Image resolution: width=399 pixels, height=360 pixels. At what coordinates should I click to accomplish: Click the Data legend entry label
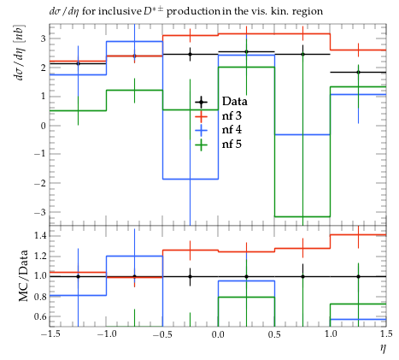tap(234, 101)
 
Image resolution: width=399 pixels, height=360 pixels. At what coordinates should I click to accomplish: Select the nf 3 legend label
tap(232, 115)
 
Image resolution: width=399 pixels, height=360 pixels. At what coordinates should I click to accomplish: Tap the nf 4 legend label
tap(232, 130)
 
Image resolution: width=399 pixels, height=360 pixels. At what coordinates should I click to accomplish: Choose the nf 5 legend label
tap(232, 144)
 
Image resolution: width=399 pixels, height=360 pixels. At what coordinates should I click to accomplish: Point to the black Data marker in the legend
tap(201, 102)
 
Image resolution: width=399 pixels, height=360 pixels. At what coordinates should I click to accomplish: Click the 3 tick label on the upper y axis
tap(43, 38)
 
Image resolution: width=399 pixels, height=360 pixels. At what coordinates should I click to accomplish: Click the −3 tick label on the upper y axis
tap(40, 212)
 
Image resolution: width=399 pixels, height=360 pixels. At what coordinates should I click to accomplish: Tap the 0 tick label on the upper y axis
tap(43, 126)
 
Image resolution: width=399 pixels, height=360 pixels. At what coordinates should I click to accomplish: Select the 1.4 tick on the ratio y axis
tap(40, 236)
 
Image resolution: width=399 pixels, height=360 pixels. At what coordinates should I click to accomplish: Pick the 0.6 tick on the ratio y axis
tap(40, 316)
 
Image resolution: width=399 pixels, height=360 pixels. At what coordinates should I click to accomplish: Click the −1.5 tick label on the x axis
tap(50, 334)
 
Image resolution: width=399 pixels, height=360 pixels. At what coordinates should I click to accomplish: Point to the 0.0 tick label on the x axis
tap(218, 334)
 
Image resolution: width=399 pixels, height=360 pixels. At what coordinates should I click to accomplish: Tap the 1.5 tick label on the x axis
tap(386, 334)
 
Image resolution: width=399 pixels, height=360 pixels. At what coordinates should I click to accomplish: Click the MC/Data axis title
tap(24, 275)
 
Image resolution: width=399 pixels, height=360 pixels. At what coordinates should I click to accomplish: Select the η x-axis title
tap(383, 348)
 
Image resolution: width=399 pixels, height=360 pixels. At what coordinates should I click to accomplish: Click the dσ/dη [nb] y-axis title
tap(20, 52)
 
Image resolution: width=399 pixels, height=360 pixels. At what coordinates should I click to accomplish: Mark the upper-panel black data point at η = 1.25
tap(358, 73)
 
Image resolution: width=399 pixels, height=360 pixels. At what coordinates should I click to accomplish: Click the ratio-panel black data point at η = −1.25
tap(78, 276)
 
